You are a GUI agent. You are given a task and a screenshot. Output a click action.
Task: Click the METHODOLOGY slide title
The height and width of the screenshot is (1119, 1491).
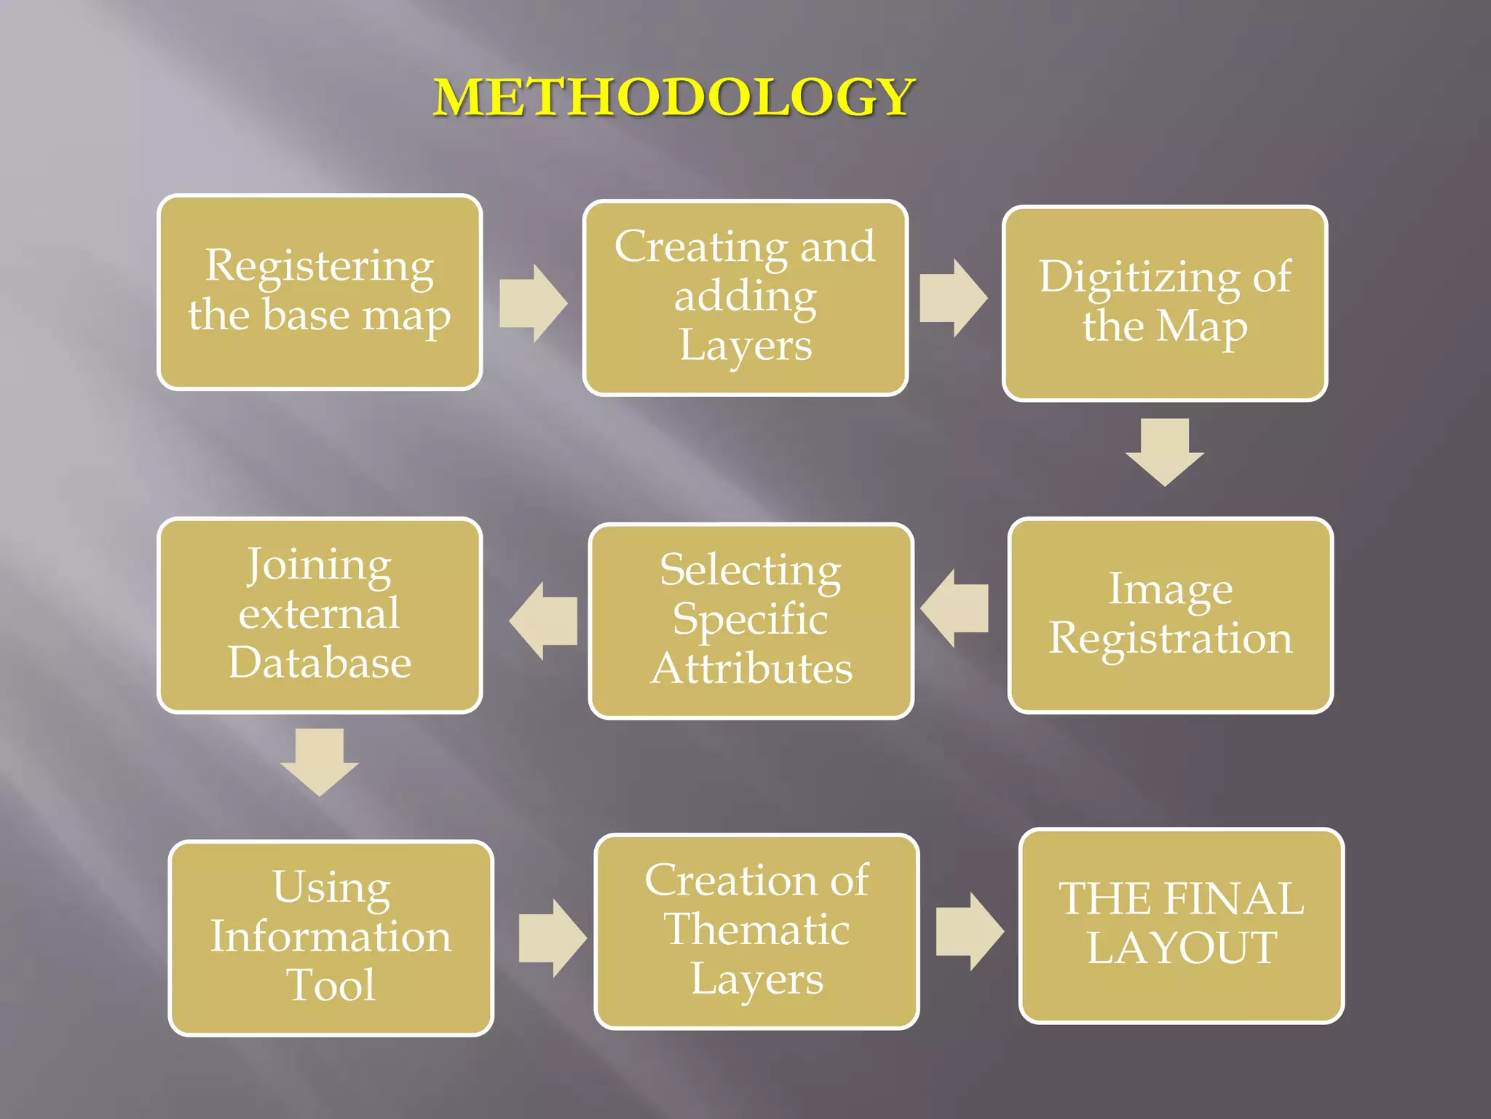pos(674,97)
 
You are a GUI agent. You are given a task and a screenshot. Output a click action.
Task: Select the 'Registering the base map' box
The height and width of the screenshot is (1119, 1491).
pos(320,292)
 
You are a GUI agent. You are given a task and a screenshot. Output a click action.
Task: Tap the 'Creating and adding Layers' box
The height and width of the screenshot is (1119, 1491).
pos(745,298)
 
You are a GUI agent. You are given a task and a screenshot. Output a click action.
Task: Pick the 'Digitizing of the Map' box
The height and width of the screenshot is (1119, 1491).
pos(1165,303)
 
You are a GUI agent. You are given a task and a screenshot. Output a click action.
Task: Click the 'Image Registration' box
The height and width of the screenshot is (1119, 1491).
pos(1170,616)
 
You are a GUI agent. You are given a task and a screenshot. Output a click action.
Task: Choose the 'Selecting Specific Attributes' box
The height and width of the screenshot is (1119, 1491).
pos(751,621)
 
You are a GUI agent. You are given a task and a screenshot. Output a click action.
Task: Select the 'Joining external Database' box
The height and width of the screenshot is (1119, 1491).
pos(320,616)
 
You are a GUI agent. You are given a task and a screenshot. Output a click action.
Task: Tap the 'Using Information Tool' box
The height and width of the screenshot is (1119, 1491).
pos(331,938)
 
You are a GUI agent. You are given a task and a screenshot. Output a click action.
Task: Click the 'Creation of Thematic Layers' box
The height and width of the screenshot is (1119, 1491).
pos(756,931)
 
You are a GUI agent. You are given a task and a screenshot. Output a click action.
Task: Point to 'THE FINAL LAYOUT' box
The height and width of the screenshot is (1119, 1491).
pos(1181,925)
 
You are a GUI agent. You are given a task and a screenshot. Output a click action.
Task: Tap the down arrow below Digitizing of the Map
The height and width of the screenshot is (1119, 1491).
pos(1165,452)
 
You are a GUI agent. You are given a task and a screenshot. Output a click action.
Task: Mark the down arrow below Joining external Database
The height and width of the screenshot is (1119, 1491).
pos(320,761)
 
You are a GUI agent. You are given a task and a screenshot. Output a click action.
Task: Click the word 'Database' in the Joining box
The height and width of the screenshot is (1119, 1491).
pos(320,662)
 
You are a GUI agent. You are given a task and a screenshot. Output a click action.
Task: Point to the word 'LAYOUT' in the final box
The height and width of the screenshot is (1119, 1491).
pos(1182,948)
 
